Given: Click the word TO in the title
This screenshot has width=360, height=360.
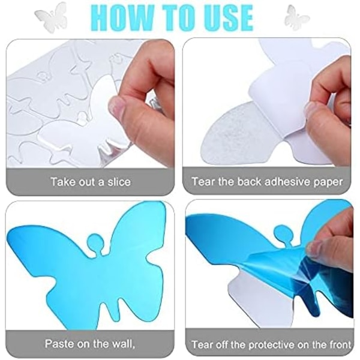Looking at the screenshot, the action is (177, 18).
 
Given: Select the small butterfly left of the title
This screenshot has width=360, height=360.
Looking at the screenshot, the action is (51, 17).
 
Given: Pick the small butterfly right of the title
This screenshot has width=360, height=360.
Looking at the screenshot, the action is (296, 17).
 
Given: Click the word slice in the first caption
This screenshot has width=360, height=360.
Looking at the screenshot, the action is (119, 182).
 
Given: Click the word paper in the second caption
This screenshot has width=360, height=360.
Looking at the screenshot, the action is (329, 183).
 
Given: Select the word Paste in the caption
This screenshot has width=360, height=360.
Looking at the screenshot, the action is (59, 343).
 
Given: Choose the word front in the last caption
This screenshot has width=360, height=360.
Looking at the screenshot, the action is (339, 344).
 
